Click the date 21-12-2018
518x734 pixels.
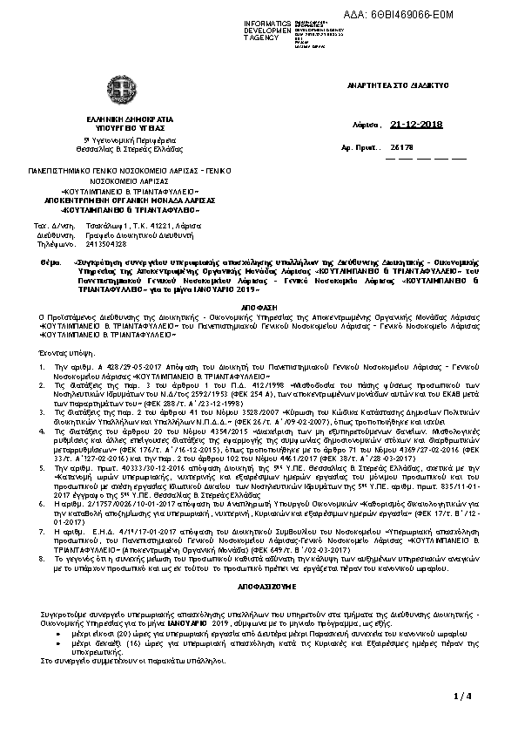(x=417, y=125)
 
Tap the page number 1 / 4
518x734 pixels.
(x=462, y=696)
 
